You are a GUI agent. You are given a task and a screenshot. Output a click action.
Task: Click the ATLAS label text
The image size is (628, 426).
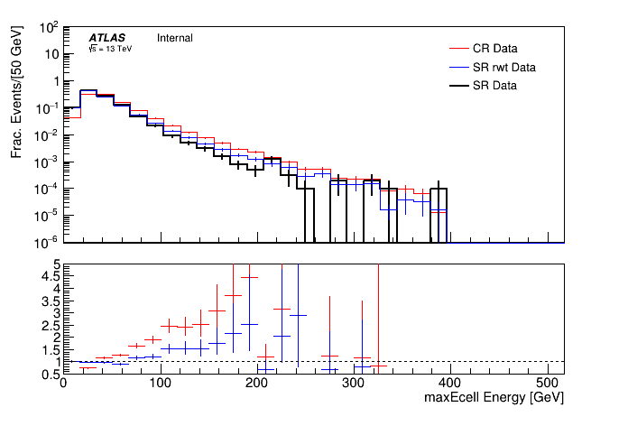pos(106,38)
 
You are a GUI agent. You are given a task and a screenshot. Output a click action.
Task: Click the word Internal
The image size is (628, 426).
pos(175,38)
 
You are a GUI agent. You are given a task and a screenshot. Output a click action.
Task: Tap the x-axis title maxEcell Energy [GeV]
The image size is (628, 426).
pos(495,397)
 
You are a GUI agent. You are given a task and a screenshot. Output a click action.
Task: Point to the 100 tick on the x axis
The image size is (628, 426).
pos(160,383)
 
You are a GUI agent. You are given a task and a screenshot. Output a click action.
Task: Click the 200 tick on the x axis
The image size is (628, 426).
pos(257,383)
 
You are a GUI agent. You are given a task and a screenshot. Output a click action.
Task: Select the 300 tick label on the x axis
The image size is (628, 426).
pos(355,383)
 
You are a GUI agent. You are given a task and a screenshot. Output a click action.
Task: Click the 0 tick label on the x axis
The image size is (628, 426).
pos(62,383)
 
